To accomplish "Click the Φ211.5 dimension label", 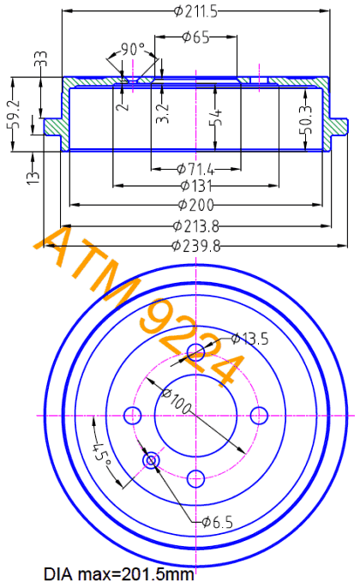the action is pyautogui.click(x=195, y=11).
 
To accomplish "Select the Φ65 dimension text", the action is pyautogui.click(x=195, y=37).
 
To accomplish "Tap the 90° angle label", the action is pyautogui.click(x=133, y=49).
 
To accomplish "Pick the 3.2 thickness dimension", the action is pyautogui.click(x=162, y=113).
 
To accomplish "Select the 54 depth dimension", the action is pyautogui.click(x=216, y=117).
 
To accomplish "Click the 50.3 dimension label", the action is pyautogui.click(x=306, y=119).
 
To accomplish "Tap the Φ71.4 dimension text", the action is pyautogui.click(x=195, y=170).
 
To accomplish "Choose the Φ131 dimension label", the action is pyautogui.click(x=195, y=185).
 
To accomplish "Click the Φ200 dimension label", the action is pyautogui.click(x=195, y=205).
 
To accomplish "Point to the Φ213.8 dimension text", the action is pyautogui.click(x=195, y=226).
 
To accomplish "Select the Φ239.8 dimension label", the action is pyautogui.click(x=195, y=246).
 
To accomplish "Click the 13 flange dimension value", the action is pyautogui.click(x=33, y=176).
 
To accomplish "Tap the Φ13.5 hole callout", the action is pyautogui.click(x=250, y=339).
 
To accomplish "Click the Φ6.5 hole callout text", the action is pyautogui.click(x=218, y=522).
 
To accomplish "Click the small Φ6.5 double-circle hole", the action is pyautogui.click(x=151, y=459).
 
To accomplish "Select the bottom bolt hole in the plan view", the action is pyautogui.click(x=195, y=478).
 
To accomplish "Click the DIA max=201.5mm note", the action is pyautogui.click(x=119, y=574).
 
